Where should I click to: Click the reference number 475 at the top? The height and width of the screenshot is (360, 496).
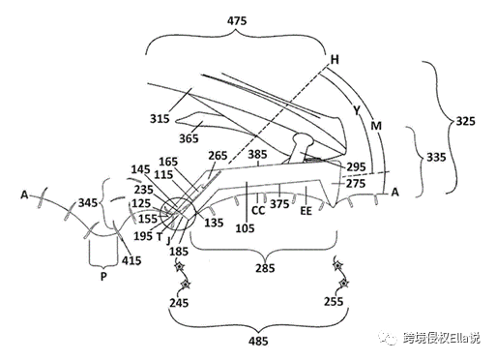click(x=237, y=21)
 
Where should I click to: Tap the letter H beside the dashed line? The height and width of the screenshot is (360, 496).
click(x=335, y=59)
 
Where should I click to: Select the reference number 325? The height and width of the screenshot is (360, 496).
click(x=465, y=121)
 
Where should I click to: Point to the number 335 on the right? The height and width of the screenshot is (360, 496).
click(x=436, y=158)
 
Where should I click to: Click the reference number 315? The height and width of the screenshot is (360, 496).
click(x=160, y=119)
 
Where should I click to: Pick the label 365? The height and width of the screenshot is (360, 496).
click(x=189, y=138)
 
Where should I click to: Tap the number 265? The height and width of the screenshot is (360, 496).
click(x=218, y=156)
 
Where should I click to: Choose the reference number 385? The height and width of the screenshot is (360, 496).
click(x=257, y=155)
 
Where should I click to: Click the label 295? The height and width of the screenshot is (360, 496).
click(x=356, y=167)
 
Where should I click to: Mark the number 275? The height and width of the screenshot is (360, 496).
click(x=356, y=184)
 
